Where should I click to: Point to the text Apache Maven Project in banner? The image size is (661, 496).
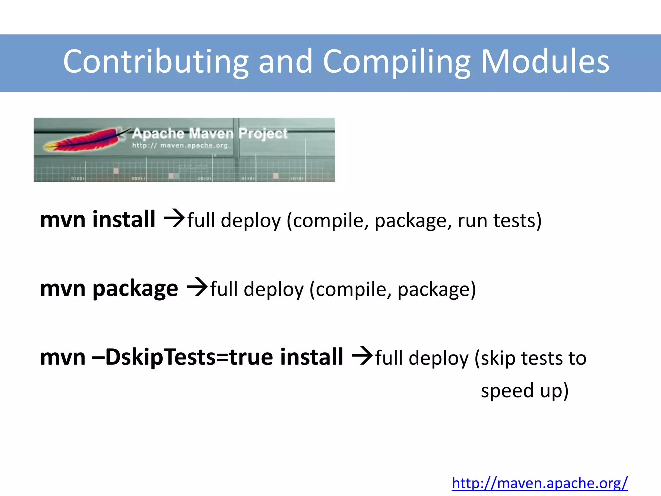(x=209, y=133)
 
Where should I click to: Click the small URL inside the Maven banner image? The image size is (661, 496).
(x=180, y=146)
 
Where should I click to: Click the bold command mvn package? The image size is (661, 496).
(x=109, y=288)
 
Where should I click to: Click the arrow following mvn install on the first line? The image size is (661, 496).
(x=174, y=219)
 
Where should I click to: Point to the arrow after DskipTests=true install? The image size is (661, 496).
(x=362, y=356)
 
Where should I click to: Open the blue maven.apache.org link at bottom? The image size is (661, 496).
(x=540, y=483)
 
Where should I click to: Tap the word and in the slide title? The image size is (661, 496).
(x=285, y=61)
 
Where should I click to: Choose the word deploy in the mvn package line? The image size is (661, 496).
(x=274, y=290)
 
